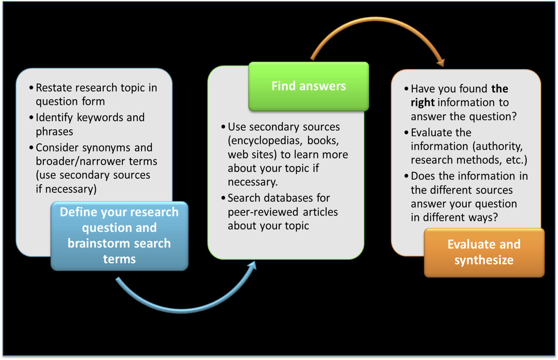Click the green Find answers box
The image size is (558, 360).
click(309, 86)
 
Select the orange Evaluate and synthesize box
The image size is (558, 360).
click(484, 252)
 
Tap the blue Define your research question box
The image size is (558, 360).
click(119, 235)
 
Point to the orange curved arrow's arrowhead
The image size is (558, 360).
click(441, 62)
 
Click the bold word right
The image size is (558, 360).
click(423, 103)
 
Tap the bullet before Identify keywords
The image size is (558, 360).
click(32, 117)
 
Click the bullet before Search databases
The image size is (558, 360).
click(224, 198)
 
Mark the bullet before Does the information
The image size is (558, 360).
click(407, 176)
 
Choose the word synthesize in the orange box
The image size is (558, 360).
click(484, 260)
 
